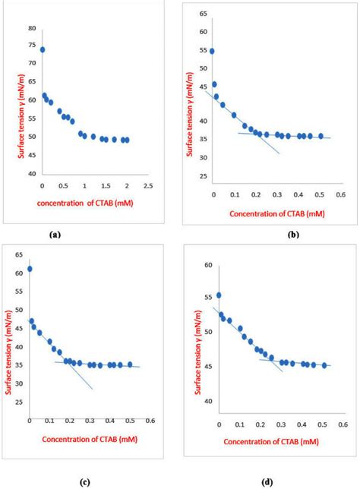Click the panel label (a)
55,235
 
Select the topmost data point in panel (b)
212,52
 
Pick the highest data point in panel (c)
30,269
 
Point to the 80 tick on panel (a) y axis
32,28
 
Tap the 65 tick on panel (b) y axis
201,14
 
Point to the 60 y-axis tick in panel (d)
207,265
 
